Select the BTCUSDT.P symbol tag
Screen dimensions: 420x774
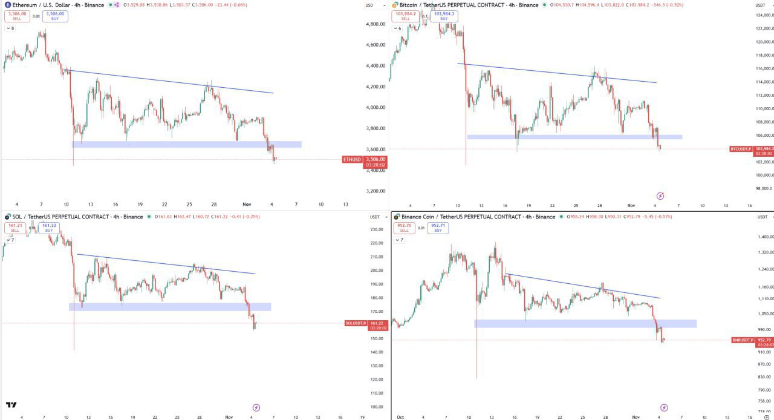coord(741,148)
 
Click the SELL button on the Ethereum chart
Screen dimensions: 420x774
coord(16,16)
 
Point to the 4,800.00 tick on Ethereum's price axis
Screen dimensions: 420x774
coord(376,24)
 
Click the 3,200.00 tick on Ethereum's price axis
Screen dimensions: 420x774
coord(376,191)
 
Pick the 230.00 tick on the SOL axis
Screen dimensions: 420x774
coord(377,229)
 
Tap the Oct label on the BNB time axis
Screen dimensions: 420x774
coord(400,417)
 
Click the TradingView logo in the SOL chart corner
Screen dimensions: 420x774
coord(11,405)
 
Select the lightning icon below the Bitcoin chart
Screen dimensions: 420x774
coord(660,195)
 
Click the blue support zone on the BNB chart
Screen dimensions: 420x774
coord(585,324)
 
